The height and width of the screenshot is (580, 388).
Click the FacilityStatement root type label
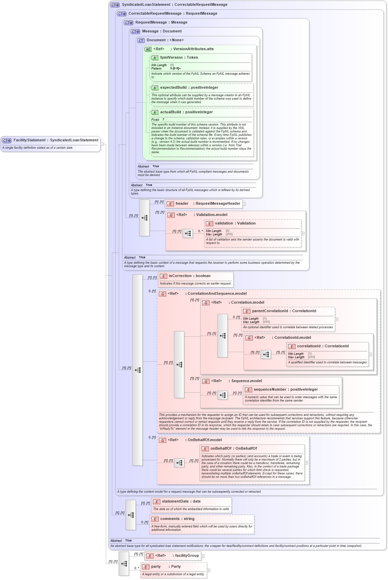(56, 140)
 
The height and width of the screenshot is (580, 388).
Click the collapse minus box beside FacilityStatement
(102, 144)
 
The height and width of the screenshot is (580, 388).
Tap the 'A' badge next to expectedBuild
(155, 88)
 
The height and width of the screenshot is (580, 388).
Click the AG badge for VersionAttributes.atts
(148, 49)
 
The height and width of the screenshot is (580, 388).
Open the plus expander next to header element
(244, 204)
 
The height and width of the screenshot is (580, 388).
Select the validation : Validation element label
(235, 223)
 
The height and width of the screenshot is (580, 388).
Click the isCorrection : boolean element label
(189, 276)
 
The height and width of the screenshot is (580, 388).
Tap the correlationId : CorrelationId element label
(322, 346)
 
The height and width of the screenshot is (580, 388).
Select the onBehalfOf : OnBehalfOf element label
(233, 449)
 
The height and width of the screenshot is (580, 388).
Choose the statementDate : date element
(181, 502)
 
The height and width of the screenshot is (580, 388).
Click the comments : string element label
(177, 519)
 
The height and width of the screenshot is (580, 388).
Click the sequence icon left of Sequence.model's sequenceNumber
(222, 395)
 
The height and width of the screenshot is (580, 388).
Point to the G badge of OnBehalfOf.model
(162, 440)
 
